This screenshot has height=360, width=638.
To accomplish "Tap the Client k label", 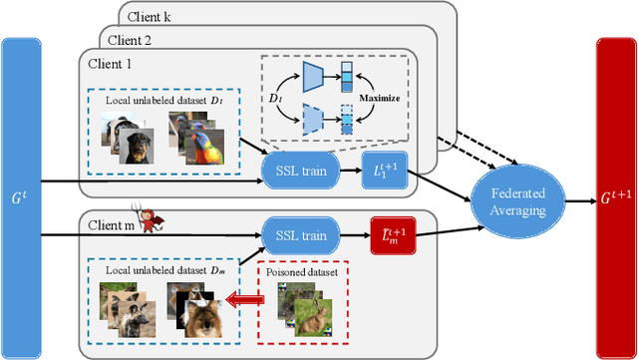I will tap(148, 17).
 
